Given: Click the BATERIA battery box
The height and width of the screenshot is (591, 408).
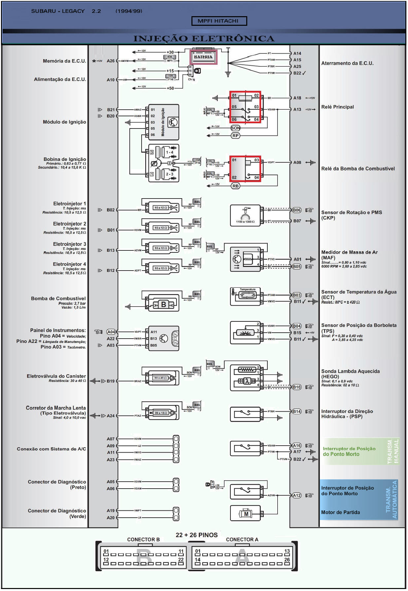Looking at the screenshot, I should (203, 57).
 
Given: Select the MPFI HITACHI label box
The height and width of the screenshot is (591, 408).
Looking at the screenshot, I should (219, 21).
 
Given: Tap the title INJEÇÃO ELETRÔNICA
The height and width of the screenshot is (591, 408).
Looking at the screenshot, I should (204, 38).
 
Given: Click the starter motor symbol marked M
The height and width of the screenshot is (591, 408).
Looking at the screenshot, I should (246, 514).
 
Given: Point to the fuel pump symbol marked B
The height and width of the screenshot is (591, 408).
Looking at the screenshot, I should (163, 305).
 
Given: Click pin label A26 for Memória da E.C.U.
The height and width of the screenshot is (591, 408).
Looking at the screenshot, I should (111, 61).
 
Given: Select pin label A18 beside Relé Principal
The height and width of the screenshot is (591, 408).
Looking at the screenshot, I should (297, 98).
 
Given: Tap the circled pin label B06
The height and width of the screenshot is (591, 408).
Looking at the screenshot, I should (297, 210).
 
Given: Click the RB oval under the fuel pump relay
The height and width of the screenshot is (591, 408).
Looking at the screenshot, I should (235, 186).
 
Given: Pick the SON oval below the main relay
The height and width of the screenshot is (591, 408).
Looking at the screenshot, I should (235, 128).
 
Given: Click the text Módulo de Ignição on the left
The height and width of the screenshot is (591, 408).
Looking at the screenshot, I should (64, 122).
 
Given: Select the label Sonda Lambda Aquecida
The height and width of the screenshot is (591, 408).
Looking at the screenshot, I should (350, 371).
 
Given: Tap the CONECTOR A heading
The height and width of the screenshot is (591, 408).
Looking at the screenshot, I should (242, 539).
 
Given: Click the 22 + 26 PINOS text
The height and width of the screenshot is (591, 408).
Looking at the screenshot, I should (196, 535).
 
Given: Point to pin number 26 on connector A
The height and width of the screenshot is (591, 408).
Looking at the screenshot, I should (287, 560).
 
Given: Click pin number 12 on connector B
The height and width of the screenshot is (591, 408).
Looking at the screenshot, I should (106, 560).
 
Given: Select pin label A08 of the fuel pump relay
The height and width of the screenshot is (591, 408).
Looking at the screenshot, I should (297, 163).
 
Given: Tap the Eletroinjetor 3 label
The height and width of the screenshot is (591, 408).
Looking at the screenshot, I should (69, 244).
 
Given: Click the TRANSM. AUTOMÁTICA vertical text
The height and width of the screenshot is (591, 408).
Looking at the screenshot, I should (391, 499).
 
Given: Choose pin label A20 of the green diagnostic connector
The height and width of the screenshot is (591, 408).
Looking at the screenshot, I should (111, 518).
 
